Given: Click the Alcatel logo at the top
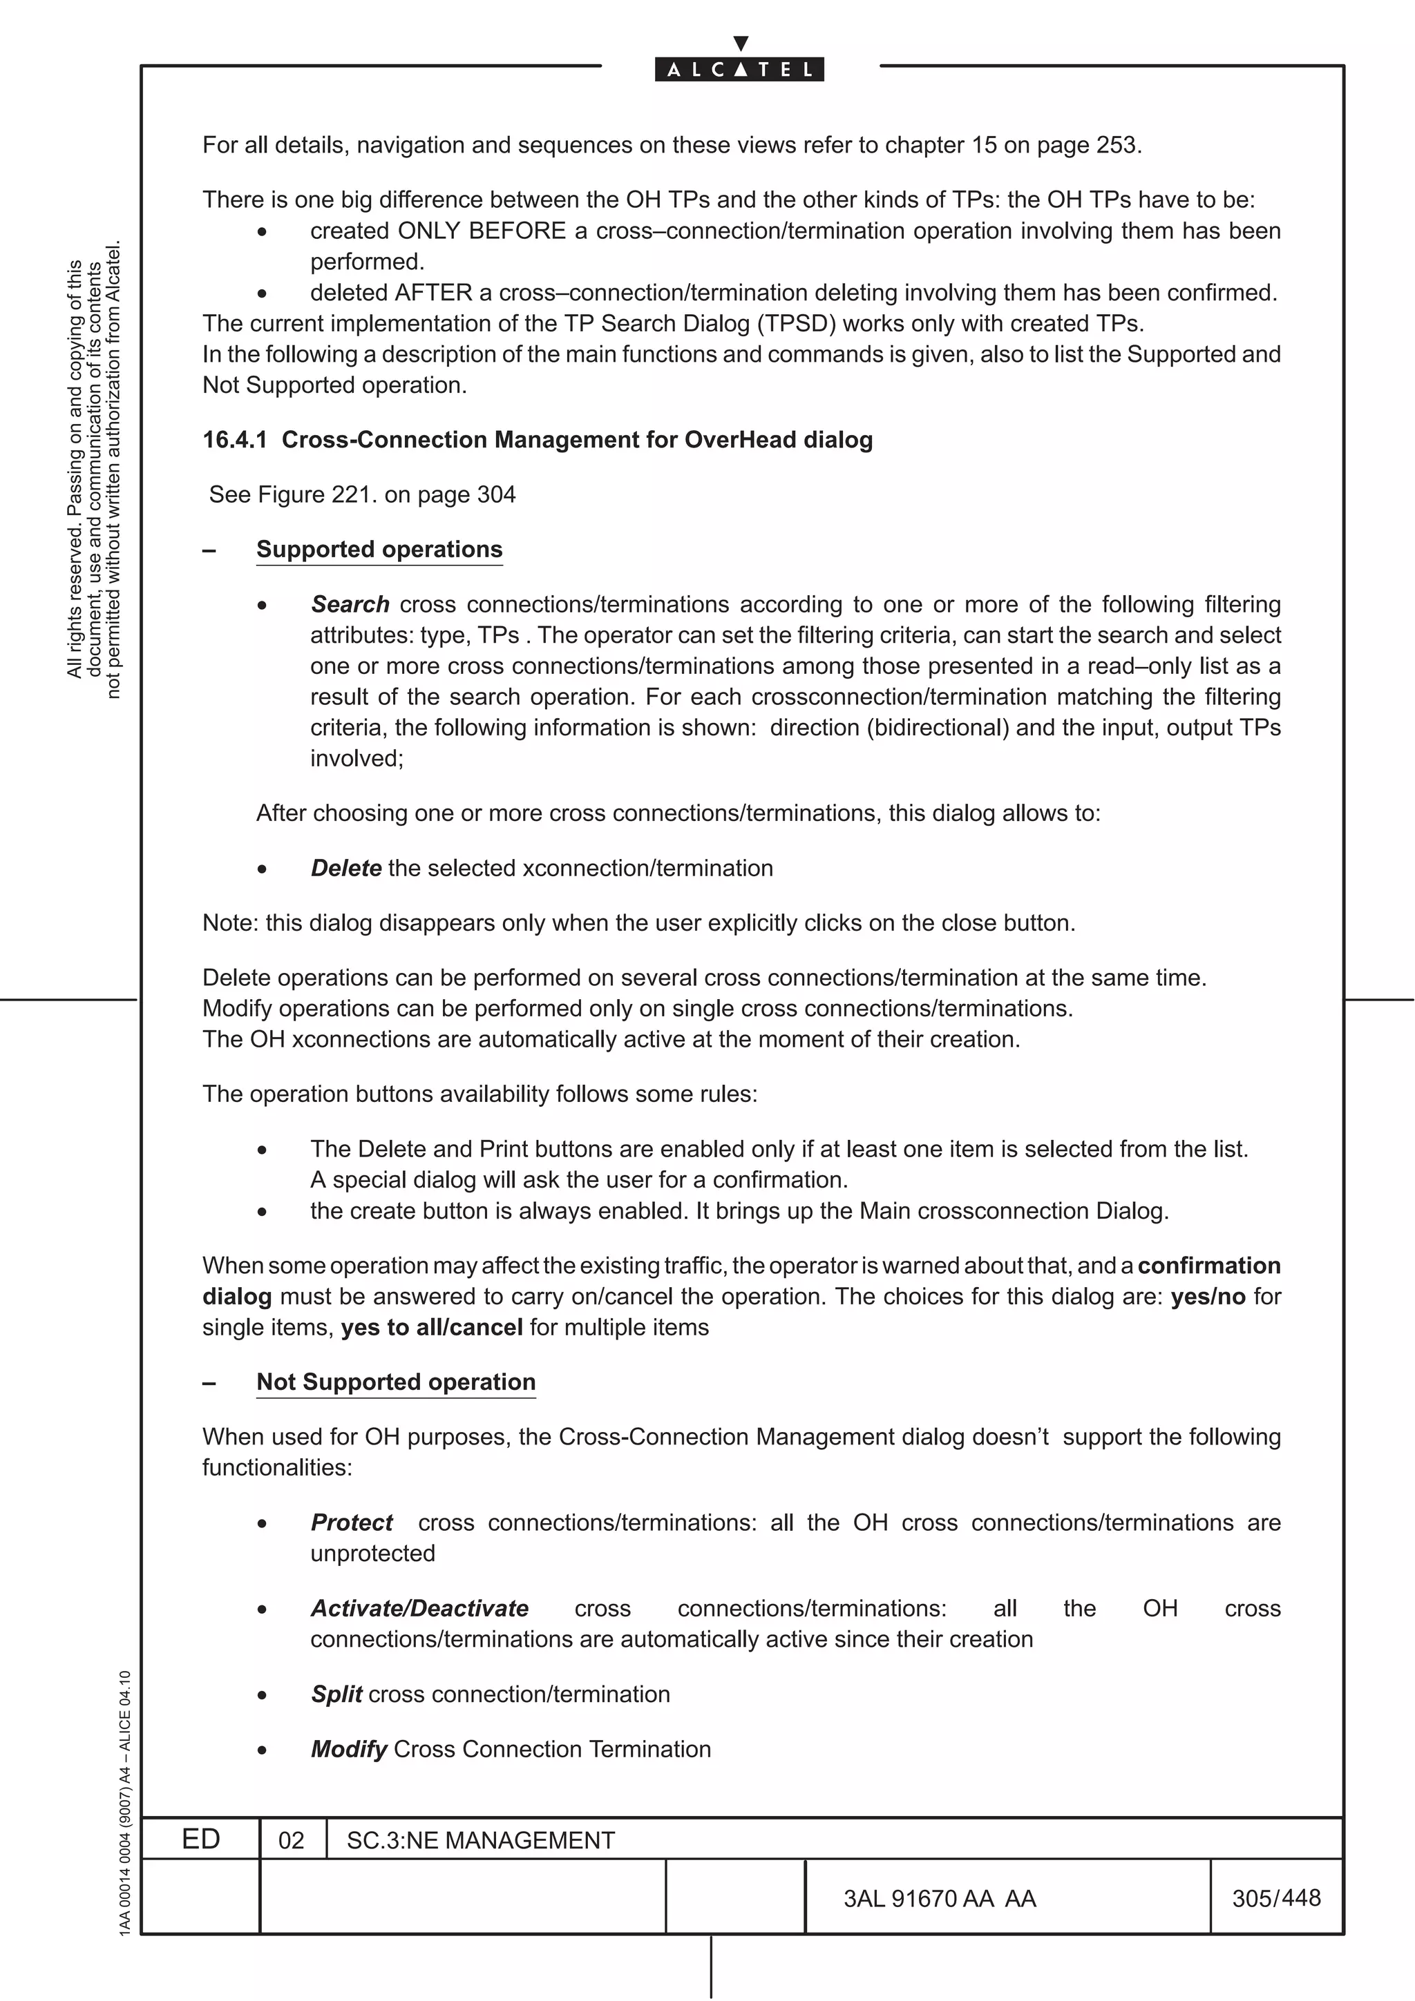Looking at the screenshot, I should coord(739,69).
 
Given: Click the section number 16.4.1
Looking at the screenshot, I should coord(234,440).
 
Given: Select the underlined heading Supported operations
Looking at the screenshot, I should coord(379,550).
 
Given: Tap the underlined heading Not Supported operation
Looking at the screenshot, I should coord(396,1382).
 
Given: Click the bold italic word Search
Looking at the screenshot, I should coord(350,605).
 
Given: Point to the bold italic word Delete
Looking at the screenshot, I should coord(346,869).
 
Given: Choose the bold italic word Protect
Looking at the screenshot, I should coord(352,1522).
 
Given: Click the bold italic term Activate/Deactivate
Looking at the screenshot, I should coord(419,1609).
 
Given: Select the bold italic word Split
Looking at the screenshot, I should coord(336,1694).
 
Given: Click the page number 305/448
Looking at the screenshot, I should coord(1276,1898).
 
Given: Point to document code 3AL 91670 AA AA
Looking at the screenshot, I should coord(940,1899).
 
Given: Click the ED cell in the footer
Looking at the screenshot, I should coord(200,1839).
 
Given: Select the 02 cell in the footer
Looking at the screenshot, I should coord(291,1841).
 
